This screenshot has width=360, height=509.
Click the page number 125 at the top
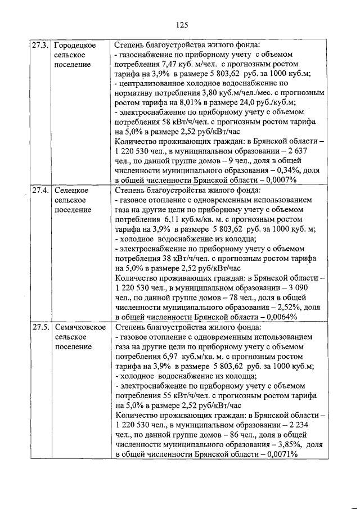click(181, 24)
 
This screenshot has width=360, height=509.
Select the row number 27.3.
click(40, 44)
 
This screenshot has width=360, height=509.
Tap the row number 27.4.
click(40, 190)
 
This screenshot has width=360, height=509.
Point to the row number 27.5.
click(40, 327)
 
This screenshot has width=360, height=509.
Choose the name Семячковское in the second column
click(81, 327)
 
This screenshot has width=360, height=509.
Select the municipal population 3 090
click(309, 287)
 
